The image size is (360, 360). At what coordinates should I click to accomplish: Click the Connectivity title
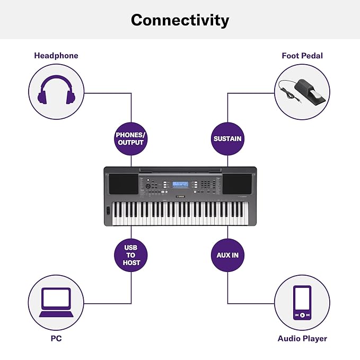[180, 20]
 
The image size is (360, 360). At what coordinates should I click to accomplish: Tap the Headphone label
[56, 56]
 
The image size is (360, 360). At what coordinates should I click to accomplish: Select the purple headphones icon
[56, 90]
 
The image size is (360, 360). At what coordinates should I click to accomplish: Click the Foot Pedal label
[302, 56]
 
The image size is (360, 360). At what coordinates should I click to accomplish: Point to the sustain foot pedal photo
[302, 91]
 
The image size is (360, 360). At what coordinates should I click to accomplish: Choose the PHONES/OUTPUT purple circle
[131, 139]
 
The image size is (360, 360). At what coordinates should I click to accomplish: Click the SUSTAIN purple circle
[227, 139]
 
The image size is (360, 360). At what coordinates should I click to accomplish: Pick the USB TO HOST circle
[131, 255]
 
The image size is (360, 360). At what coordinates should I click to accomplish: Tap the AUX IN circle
[227, 255]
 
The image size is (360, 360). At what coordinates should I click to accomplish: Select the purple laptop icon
[56, 302]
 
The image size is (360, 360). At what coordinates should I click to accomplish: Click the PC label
[56, 338]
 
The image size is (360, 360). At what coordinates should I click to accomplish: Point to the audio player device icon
[302, 303]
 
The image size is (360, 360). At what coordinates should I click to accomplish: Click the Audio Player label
[302, 339]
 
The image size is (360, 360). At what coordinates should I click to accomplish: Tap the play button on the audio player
[302, 315]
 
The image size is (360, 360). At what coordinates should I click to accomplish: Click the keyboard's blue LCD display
[180, 184]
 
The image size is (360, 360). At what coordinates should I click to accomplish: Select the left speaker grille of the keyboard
[124, 184]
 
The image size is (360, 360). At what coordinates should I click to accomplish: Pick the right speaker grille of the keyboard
[237, 184]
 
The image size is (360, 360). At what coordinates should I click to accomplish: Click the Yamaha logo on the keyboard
[180, 197]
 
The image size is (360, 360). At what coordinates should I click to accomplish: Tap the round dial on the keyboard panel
[148, 186]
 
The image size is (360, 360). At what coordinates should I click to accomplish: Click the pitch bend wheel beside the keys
[108, 210]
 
